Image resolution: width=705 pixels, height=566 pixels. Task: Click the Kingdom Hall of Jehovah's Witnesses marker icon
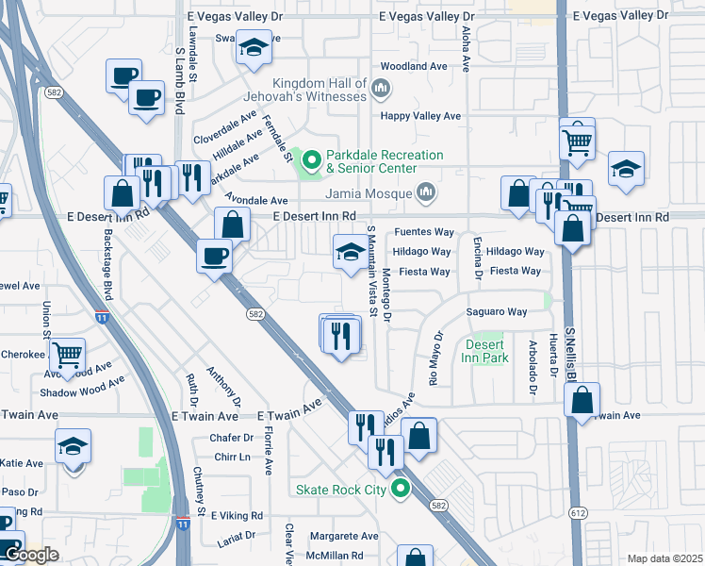[381, 90]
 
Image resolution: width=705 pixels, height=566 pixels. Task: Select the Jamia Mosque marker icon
[426, 193]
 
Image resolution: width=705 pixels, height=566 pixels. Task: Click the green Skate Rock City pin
[402, 489]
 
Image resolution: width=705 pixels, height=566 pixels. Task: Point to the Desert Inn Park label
[486, 351]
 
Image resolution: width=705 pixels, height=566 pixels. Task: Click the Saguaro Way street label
[495, 311]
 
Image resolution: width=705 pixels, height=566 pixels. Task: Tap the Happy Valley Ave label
[419, 116]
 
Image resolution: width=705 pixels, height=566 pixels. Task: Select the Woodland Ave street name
[413, 67]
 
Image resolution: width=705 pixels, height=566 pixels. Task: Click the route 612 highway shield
[576, 512]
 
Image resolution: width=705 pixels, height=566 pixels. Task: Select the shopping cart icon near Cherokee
[68, 356]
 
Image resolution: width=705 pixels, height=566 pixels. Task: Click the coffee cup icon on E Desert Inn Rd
[215, 256]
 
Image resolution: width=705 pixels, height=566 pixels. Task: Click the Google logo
[31, 555]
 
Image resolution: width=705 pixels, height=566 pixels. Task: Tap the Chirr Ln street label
[231, 457]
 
